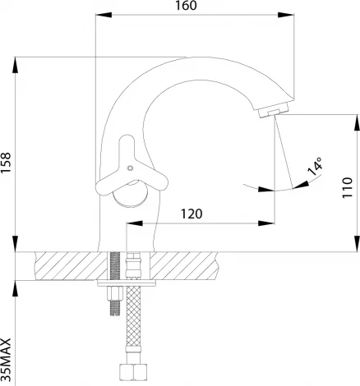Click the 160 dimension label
click(186, 6)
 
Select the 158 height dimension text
click(6, 163)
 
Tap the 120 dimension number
click(192, 214)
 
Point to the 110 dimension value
click(347, 188)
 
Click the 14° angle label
click(315, 167)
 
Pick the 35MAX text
click(6, 360)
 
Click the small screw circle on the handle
click(131, 168)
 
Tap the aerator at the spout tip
click(274, 111)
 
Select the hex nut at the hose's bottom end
click(134, 372)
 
